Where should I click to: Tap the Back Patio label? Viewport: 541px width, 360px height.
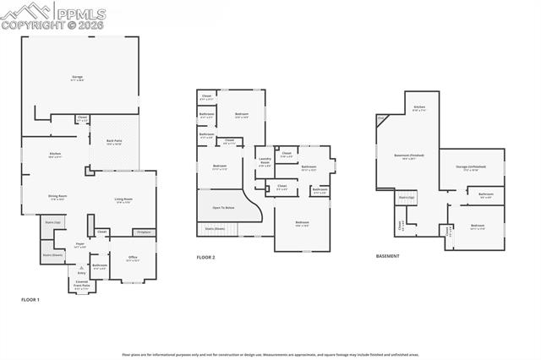coord(114,143)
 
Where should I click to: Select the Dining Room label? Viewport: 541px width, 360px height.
coord(57,199)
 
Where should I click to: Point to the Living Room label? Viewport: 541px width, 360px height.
coord(123,200)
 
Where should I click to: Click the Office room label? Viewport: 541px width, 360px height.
coord(133,259)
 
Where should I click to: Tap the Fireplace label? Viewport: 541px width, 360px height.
coord(144,231)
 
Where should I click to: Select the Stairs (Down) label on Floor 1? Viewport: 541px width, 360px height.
coord(52,254)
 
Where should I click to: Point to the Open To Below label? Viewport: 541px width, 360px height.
coord(224,207)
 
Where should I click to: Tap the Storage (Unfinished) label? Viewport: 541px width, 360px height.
coord(471,167)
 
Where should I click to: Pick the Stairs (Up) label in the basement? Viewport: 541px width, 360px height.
coord(407,197)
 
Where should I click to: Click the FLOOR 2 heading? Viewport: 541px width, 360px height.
coord(206,257)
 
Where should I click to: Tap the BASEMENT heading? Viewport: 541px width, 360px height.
coord(389,257)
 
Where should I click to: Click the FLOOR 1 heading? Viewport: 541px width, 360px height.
coord(30,300)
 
